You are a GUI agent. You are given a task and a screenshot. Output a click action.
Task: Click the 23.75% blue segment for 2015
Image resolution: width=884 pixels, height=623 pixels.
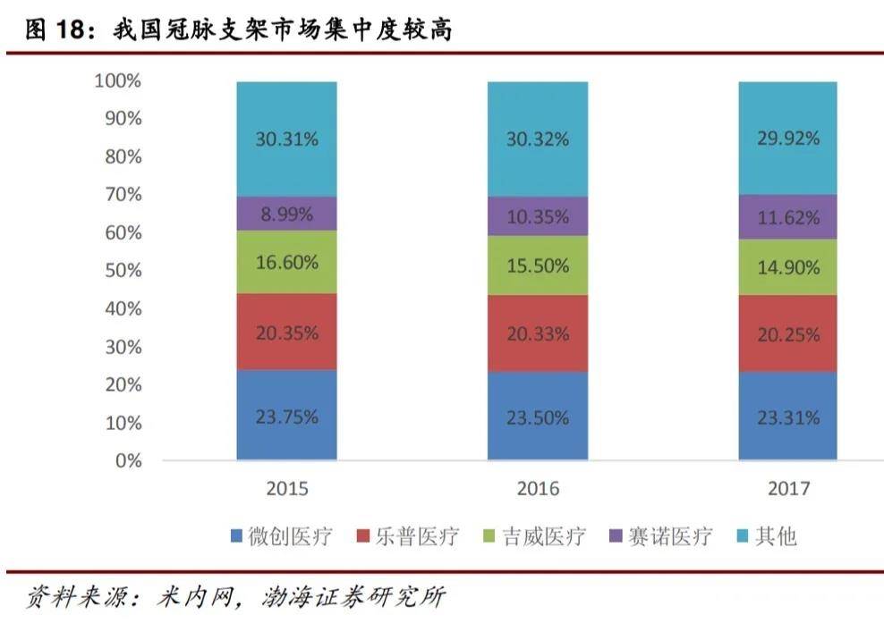click(286, 416)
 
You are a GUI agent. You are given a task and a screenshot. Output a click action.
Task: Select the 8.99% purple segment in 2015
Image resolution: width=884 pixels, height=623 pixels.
click(286, 214)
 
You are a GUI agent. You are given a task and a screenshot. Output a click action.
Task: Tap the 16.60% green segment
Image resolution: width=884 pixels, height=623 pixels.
click(286, 263)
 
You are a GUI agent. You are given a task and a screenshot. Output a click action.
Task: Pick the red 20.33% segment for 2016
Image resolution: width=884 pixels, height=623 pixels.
click(538, 333)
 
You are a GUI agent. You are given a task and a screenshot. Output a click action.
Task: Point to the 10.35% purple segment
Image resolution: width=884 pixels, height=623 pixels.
click(538, 216)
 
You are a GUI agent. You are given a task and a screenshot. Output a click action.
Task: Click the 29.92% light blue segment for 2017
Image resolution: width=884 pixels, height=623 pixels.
click(787, 139)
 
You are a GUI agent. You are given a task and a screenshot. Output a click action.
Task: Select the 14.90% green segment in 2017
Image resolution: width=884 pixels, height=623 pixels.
click(787, 267)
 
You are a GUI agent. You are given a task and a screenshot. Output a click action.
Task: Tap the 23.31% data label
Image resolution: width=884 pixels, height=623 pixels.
click(787, 417)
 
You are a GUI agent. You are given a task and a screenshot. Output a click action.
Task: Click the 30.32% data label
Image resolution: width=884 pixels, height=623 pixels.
click(538, 139)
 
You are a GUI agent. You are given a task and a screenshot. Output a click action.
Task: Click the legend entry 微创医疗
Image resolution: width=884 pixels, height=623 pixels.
click(281, 536)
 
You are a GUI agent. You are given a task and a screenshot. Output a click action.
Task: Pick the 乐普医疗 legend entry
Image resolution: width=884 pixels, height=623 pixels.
click(409, 536)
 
